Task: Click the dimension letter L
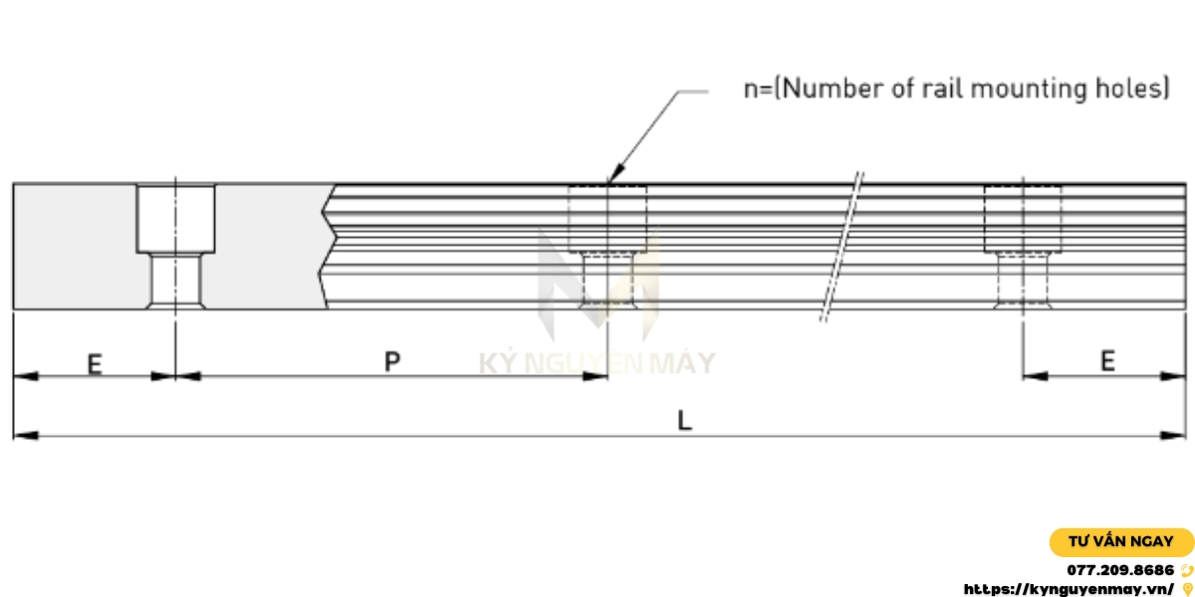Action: [684, 421]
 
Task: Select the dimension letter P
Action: [392, 362]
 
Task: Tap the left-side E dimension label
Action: [94, 364]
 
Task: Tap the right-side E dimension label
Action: [1106, 362]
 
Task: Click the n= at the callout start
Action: [758, 89]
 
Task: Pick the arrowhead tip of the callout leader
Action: [606, 182]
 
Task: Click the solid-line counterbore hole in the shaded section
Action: [175, 246]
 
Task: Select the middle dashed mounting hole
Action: [606, 246]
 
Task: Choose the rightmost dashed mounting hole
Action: [1023, 246]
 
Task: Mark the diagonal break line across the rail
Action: [841, 246]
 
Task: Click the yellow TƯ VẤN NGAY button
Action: [1120, 542]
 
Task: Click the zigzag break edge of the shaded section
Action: [329, 246]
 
